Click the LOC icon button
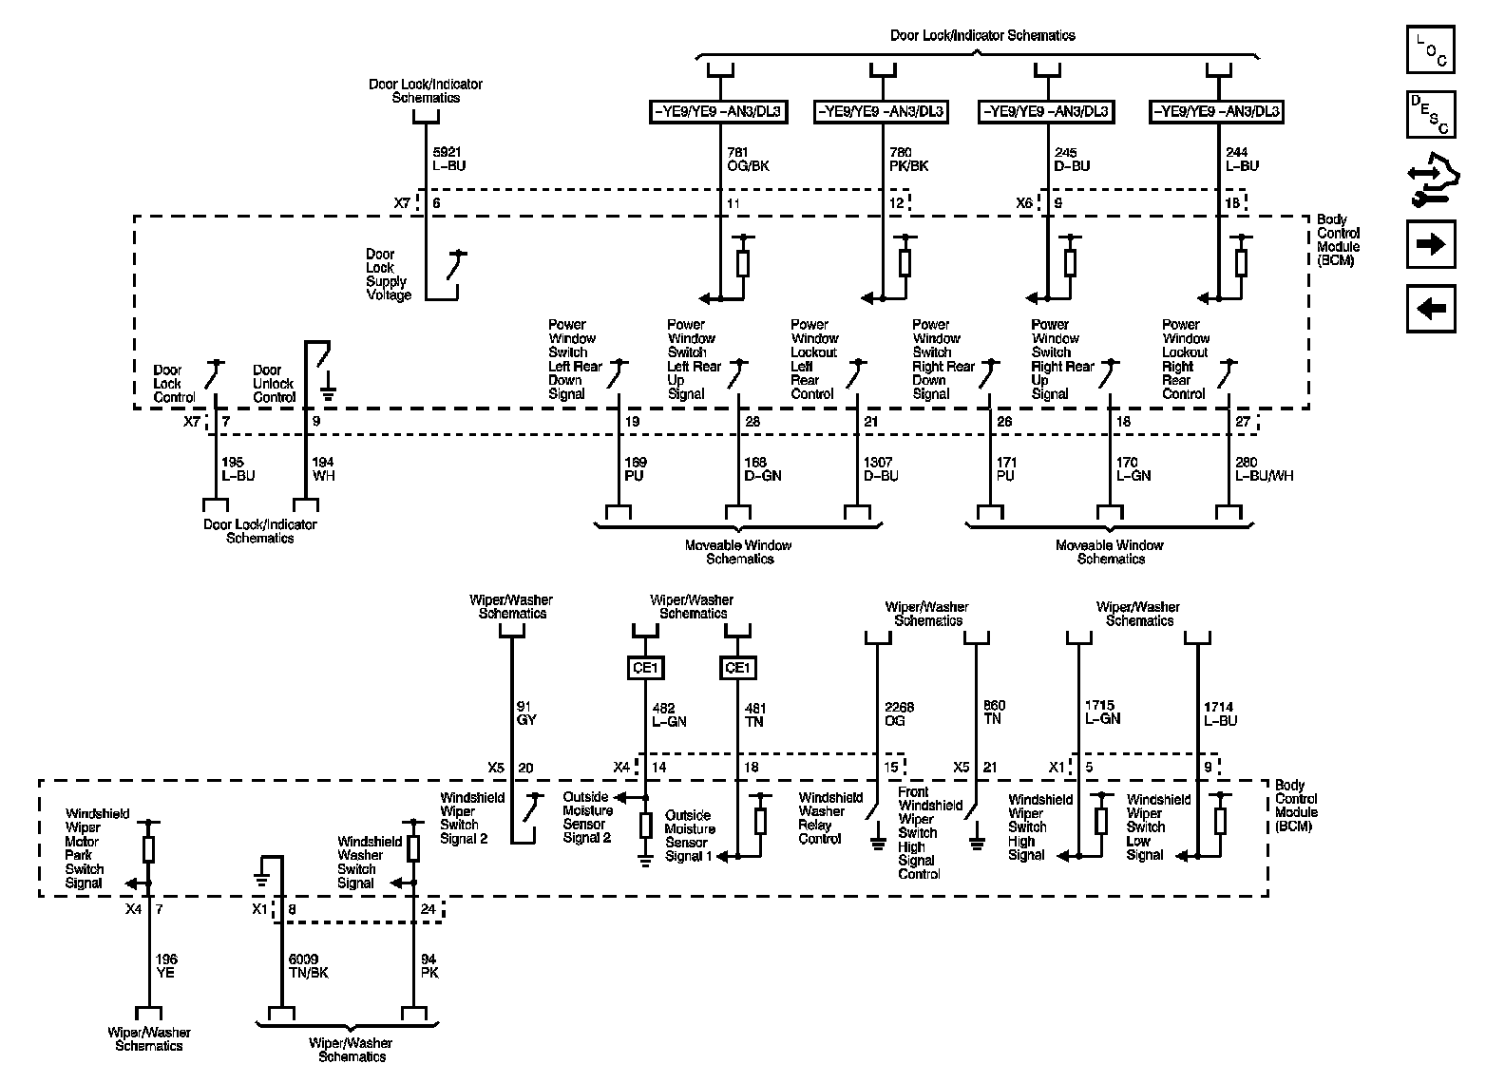click(x=1430, y=50)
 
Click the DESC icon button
click(x=1430, y=114)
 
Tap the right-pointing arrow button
click(x=1430, y=244)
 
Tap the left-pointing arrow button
click(x=1430, y=309)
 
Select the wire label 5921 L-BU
click(x=448, y=159)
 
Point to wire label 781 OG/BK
click(x=748, y=159)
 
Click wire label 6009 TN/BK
click(x=308, y=966)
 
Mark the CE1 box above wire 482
click(x=645, y=668)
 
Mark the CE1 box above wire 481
click(x=737, y=668)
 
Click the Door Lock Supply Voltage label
click(x=389, y=275)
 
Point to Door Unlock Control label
click(x=274, y=384)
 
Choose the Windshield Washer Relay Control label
click(x=830, y=818)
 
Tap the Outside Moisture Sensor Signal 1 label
click(x=690, y=836)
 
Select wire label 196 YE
click(x=166, y=966)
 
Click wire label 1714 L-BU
click(x=1220, y=713)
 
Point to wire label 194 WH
click(x=323, y=469)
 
